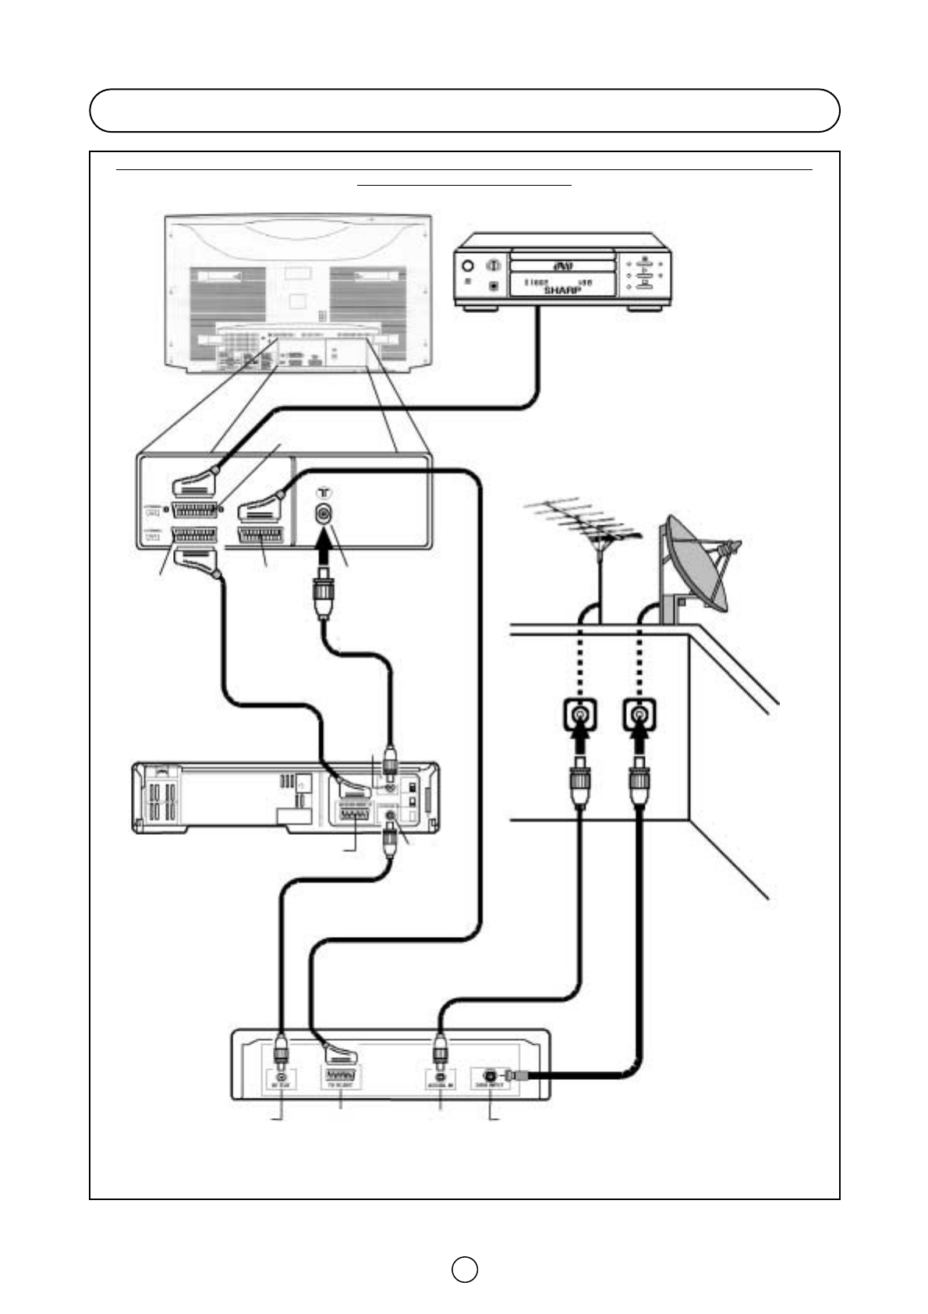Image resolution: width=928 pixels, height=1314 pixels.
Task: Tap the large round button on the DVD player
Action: coord(468,266)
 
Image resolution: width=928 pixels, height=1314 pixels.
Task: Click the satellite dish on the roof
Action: coord(696,564)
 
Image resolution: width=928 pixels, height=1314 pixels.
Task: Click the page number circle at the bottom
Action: coord(464,1269)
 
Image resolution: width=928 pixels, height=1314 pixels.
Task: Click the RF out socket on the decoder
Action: coord(281,1078)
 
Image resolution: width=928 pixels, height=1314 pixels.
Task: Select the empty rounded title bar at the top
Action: coord(464,111)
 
